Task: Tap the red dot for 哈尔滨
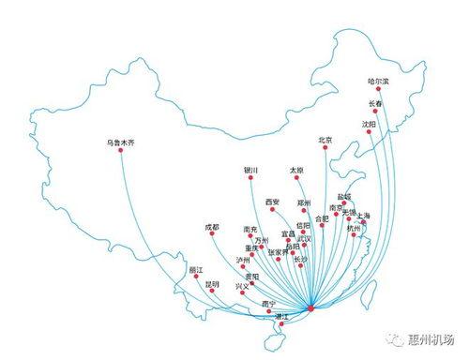[x=378, y=90]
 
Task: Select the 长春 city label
[x=375, y=103]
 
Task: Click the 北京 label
[x=325, y=141]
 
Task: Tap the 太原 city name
[x=296, y=171]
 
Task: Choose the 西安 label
[x=272, y=201]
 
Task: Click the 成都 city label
[x=212, y=227]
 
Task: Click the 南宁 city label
[x=269, y=303]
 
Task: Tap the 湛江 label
[x=280, y=317]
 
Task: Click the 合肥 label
[x=323, y=218]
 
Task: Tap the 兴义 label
[x=243, y=285]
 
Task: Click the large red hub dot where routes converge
[x=311, y=307]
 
